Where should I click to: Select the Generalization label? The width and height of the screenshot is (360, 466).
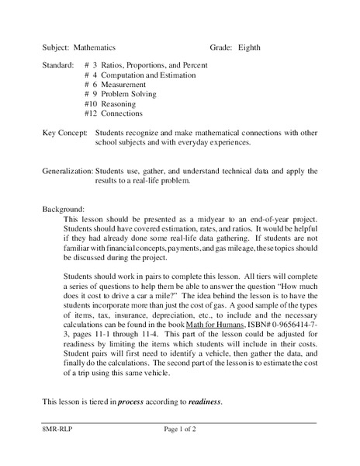click(67, 171)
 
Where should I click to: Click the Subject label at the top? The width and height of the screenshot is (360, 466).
click(56, 47)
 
